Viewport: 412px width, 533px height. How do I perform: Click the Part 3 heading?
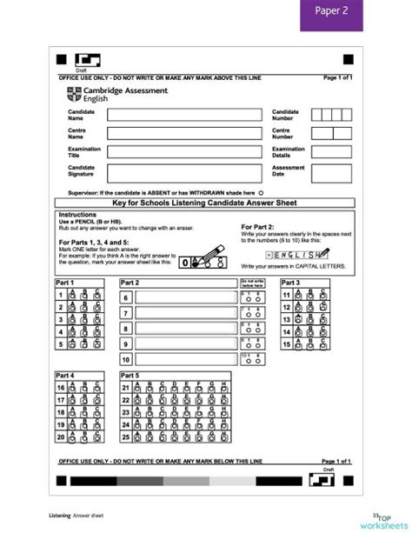point(291,283)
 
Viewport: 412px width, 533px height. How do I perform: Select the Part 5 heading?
point(131,374)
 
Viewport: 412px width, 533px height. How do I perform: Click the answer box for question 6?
point(184,297)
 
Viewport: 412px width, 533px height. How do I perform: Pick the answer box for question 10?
point(184,359)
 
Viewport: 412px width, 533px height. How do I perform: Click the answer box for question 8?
point(184,329)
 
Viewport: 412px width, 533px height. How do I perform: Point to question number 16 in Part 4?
point(61,388)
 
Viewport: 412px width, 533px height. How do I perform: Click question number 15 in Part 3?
point(286,343)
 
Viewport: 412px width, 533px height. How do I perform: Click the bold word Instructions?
point(76,214)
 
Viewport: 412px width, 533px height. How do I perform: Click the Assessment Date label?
point(289,170)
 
